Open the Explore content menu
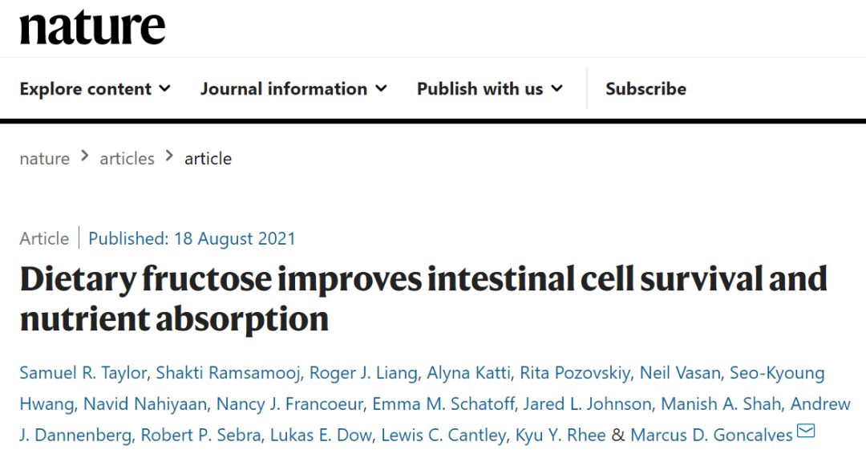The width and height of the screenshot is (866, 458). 95,89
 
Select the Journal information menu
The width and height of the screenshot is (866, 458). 293,89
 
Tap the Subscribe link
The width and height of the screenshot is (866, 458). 645,89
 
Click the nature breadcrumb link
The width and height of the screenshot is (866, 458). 44,159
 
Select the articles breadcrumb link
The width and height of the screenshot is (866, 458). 127,159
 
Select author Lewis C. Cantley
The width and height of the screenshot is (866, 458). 443,436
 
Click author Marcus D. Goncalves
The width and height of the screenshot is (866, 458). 711,436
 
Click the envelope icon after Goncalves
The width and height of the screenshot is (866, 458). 806,432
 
